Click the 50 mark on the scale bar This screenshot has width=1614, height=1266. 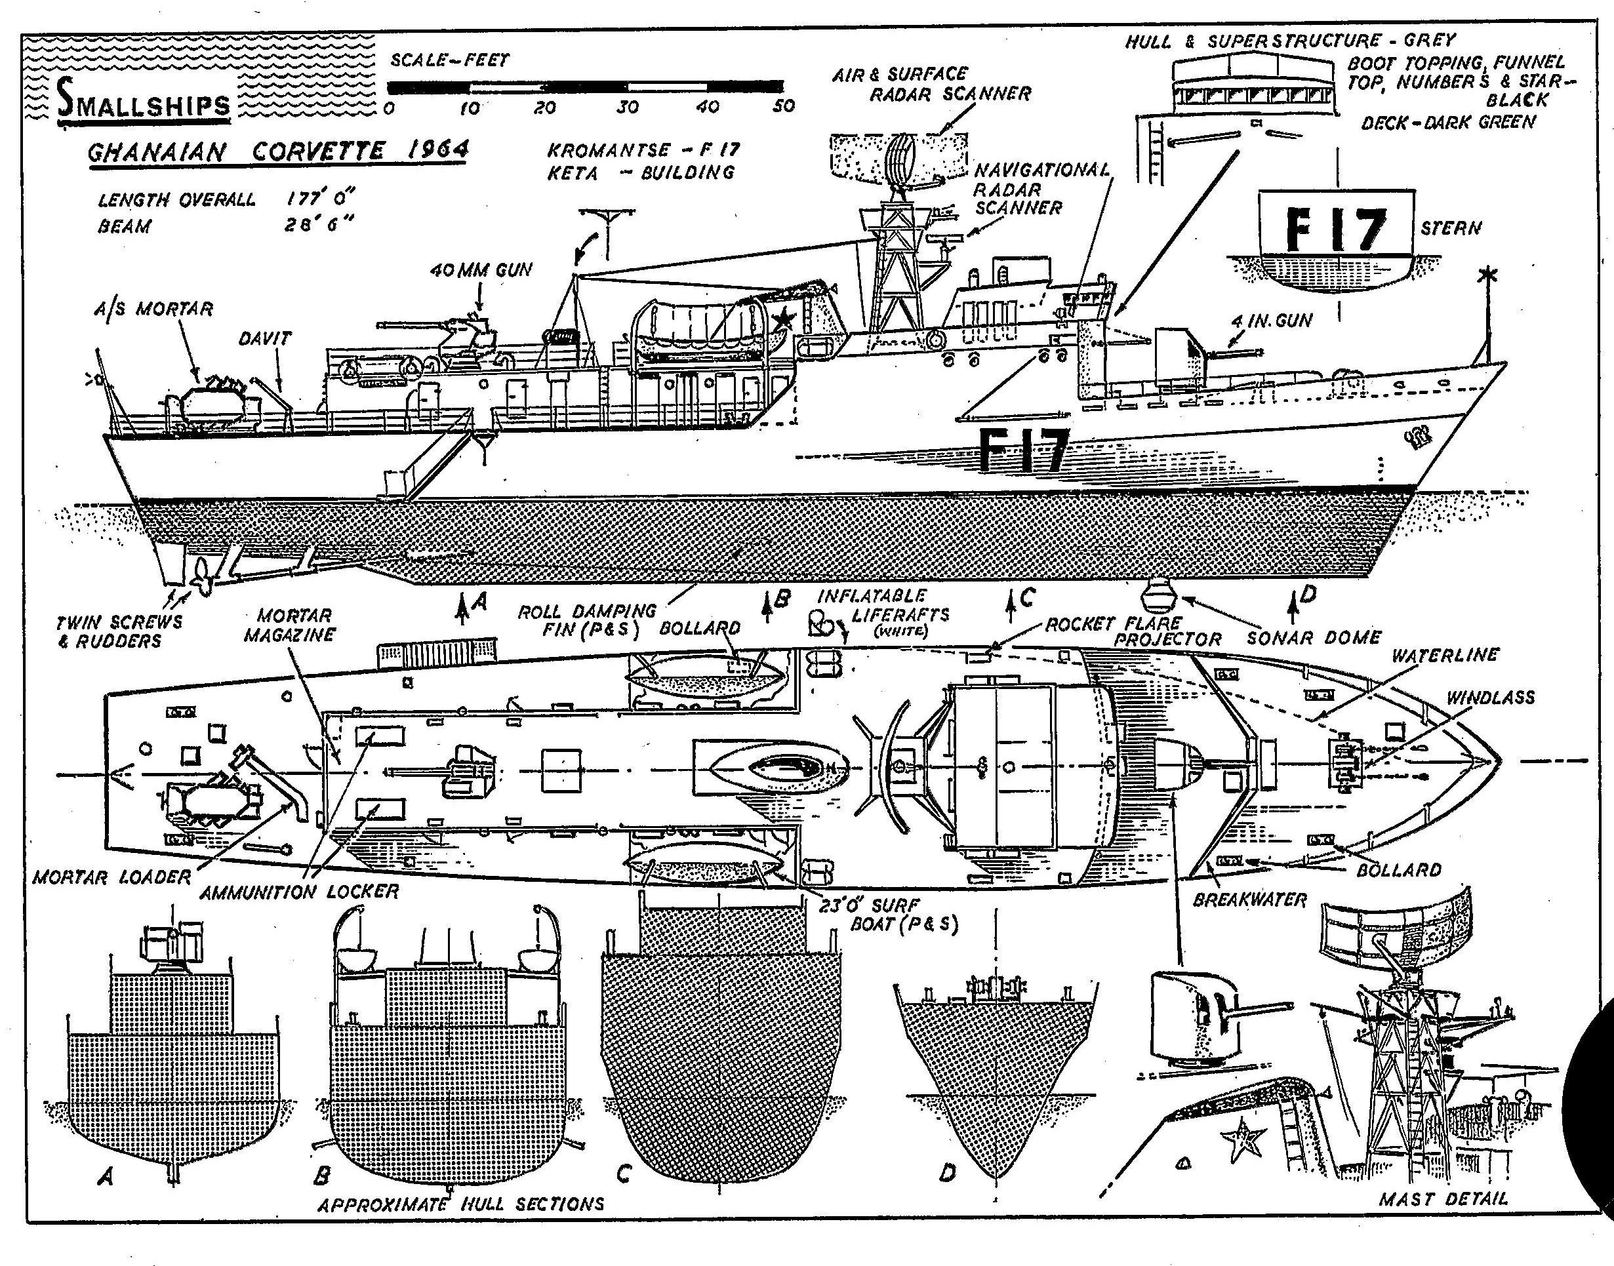tap(783, 106)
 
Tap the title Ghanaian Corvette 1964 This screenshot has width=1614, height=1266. tap(278, 151)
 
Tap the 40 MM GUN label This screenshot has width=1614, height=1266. tap(481, 270)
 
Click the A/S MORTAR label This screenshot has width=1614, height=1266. tap(153, 308)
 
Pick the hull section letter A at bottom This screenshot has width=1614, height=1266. tap(106, 1176)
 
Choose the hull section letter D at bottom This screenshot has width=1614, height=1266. tap(947, 1173)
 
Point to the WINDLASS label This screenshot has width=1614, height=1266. tap(1490, 698)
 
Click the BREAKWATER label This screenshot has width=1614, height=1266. tap(1249, 899)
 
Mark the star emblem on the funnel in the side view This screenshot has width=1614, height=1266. tap(783, 321)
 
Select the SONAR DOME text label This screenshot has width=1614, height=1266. tap(1314, 637)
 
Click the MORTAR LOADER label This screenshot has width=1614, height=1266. tap(112, 878)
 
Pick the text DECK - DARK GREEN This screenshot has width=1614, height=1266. tap(1447, 123)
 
